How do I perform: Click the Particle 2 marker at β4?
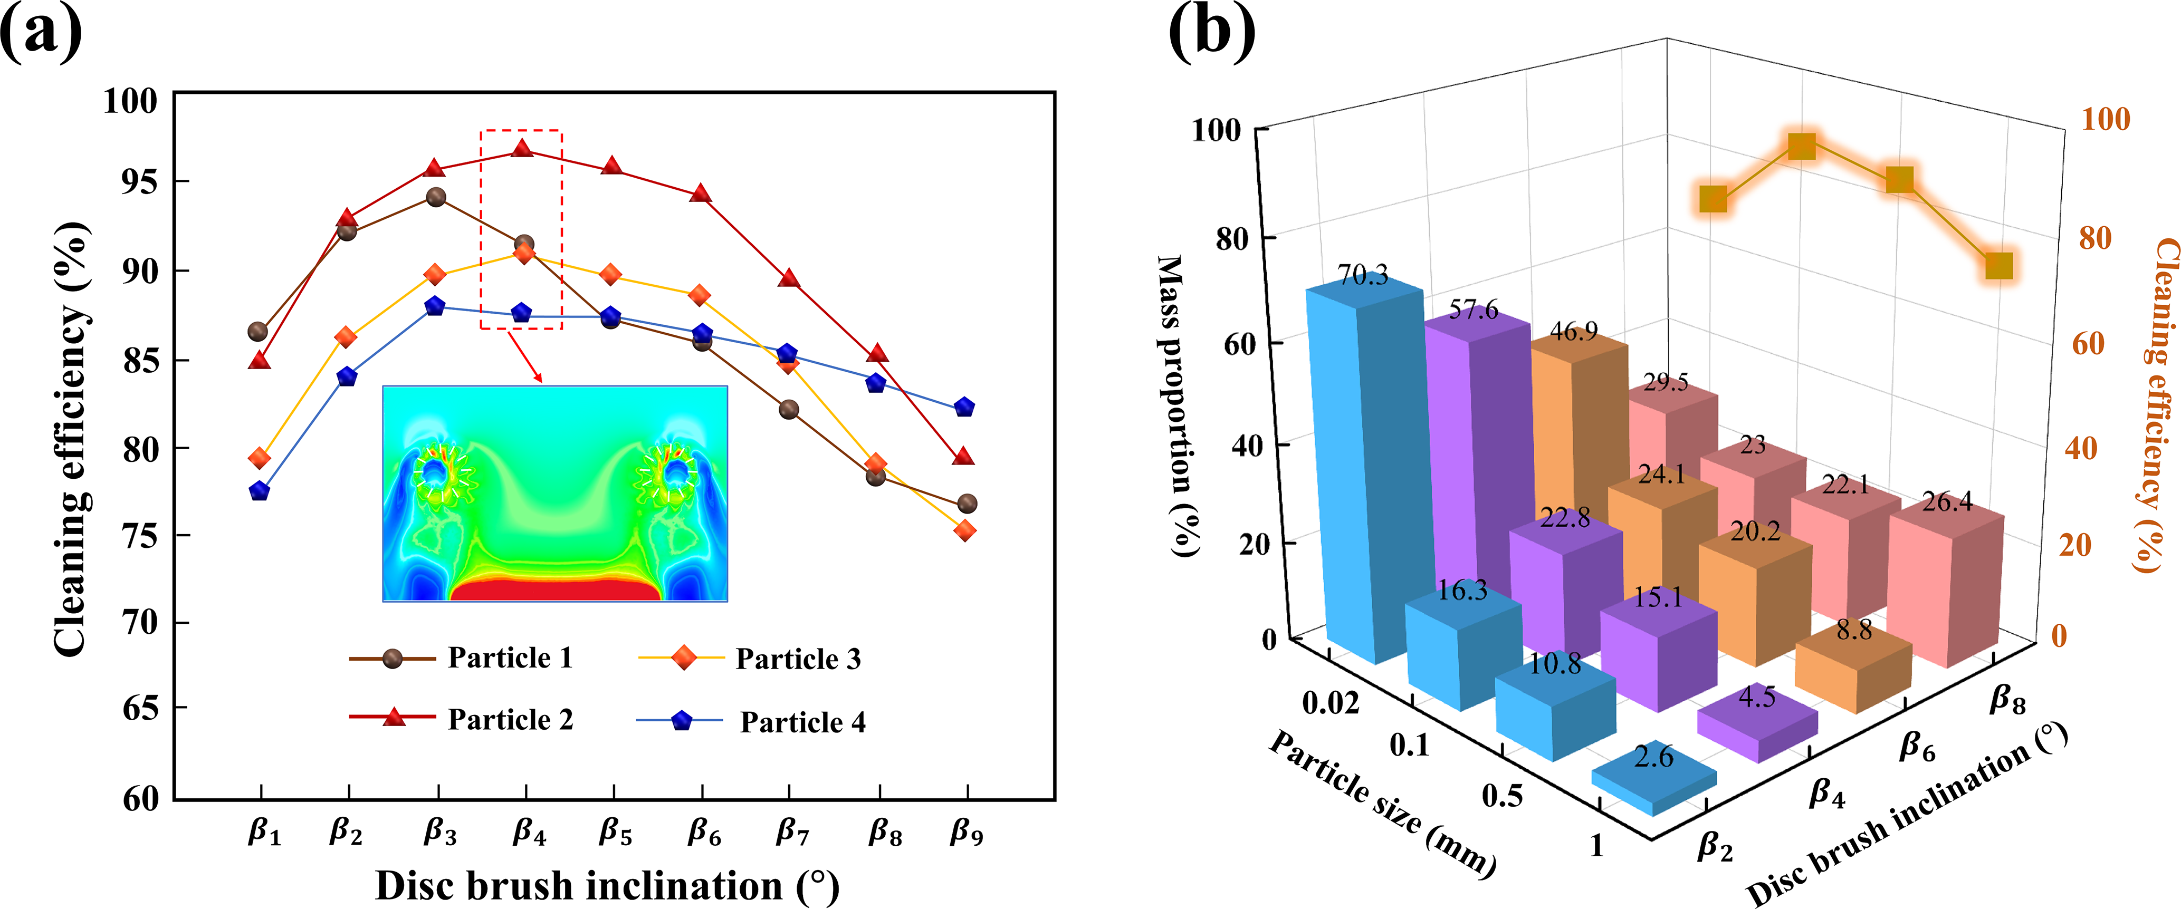[522, 150]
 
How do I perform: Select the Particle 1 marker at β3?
[436, 197]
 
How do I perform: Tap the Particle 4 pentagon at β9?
[964, 407]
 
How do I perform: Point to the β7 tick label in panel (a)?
[792, 834]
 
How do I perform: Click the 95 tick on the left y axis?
[139, 181]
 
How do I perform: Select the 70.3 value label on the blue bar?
[1362, 275]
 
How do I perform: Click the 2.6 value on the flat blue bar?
[1653, 756]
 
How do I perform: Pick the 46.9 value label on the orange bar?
[1573, 331]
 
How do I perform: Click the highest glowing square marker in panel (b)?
[1802, 146]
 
